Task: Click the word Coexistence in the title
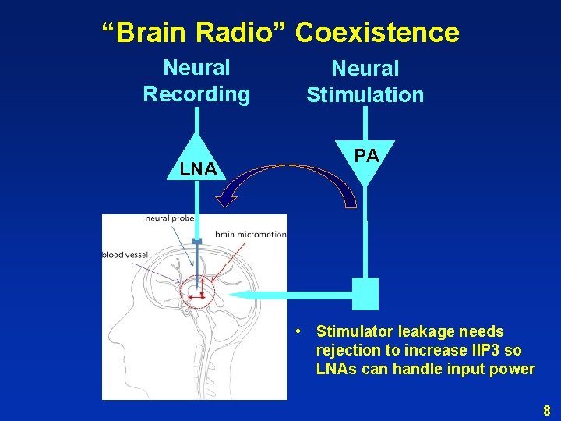pyautogui.click(x=377, y=33)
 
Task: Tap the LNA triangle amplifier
pyautogui.click(x=197, y=162)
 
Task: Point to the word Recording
pyautogui.click(x=196, y=94)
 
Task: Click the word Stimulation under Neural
pyautogui.click(x=365, y=95)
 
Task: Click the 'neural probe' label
pyautogui.click(x=170, y=219)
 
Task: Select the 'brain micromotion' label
pyautogui.click(x=250, y=234)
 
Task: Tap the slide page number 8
pyautogui.click(x=546, y=410)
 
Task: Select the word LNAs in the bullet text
pyautogui.click(x=336, y=369)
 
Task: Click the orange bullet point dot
pyautogui.click(x=298, y=332)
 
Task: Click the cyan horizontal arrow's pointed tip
pyautogui.click(x=231, y=295)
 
